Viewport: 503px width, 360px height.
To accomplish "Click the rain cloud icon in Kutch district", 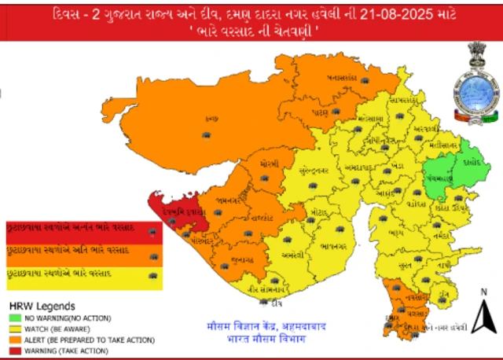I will click(x=206, y=135).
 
